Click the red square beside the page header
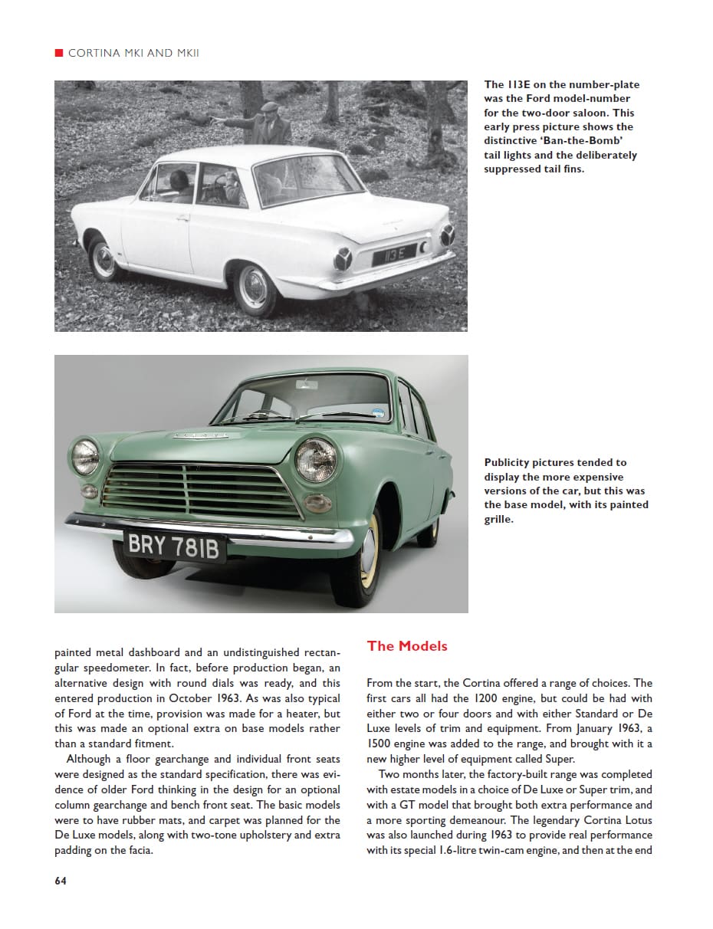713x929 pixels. click(58, 53)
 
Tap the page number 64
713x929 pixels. click(61, 881)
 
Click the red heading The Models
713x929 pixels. click(407, 646)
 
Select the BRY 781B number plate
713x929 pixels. click(173, 547)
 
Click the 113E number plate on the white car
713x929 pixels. click(393, 252)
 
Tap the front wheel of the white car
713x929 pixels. click(103, 259)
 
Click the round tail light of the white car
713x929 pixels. click(343, 259)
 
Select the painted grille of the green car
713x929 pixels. click(201, 491)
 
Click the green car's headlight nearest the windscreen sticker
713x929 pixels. click(316, 460)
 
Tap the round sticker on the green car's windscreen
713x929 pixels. click(377, 412)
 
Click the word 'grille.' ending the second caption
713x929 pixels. click(498, 519)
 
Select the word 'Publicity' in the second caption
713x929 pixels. click(510, 462)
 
